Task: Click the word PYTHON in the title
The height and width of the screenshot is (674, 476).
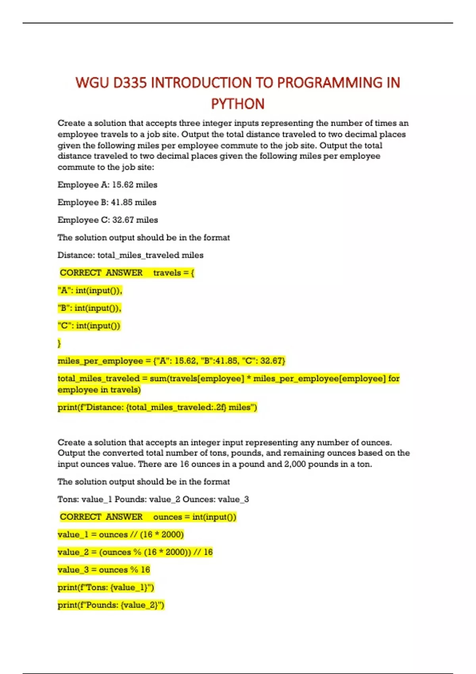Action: (238, 104)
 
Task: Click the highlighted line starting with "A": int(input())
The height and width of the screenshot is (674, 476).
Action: (90, 291)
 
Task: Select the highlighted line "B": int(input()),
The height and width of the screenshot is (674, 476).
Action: (90, 308)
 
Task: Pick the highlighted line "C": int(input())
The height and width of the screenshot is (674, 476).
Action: (89, 326)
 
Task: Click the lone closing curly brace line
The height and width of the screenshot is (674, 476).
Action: (59, 343)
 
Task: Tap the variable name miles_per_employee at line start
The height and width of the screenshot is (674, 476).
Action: (100, 361)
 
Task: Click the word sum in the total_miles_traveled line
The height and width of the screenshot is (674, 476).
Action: (158, 379)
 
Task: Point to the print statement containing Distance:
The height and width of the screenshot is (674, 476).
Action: (157, 407)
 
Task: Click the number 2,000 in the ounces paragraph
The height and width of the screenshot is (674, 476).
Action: (295, 464)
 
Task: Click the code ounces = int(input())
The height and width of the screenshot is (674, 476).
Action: (194, 517)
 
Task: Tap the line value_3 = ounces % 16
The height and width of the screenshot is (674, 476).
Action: (104, 570)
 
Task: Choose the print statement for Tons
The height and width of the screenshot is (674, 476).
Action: (106, 587)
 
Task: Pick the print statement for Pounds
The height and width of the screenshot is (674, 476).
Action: (111, 605)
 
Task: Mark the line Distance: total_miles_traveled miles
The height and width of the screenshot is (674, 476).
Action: (131, 255)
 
